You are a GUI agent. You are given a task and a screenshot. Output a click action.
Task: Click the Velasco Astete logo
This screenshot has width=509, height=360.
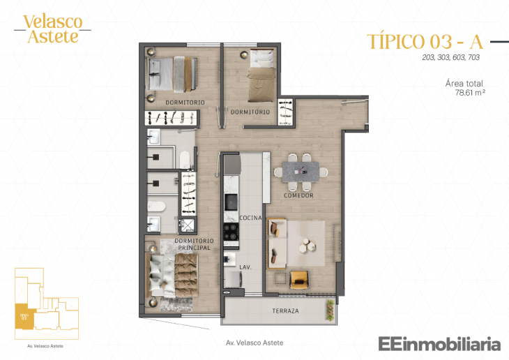coord(52,29)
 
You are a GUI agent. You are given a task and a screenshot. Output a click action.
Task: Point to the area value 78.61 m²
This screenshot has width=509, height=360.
coord(470,91)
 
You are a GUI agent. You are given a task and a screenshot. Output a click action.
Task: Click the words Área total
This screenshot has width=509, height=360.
coord(464,83)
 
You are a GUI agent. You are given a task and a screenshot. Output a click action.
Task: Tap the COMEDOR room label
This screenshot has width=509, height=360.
coord(298,196)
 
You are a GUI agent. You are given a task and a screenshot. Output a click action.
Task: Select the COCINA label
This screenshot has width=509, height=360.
coord(250,218)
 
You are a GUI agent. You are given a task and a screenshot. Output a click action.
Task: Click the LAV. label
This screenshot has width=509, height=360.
coord(246,267)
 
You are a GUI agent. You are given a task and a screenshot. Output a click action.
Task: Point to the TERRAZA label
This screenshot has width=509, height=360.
coord(286,310)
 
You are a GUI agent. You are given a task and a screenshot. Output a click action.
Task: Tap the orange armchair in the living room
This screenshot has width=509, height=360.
coord(298,278)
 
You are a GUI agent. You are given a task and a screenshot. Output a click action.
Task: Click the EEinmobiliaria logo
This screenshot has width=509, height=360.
coord(439,344)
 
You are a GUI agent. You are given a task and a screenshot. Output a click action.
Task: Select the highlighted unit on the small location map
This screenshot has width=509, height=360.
coord(22,315)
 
